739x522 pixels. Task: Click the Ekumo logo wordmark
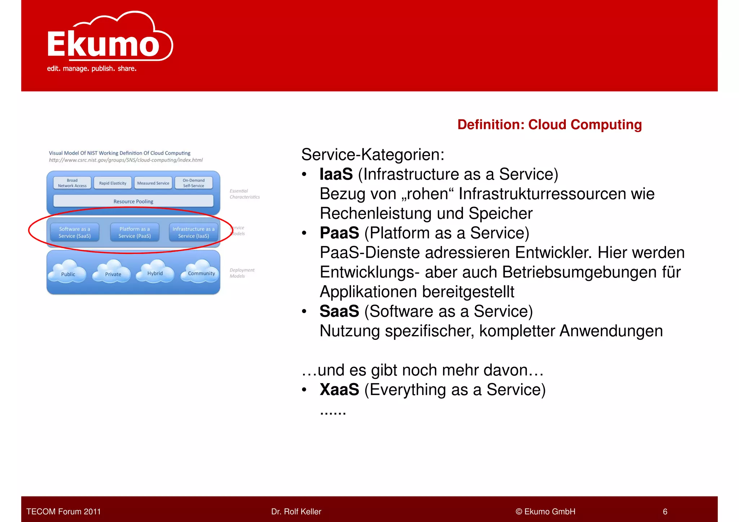click(104, 44)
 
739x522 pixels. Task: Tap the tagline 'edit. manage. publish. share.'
click(92, 69)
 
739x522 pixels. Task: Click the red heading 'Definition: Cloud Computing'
click(549, 124)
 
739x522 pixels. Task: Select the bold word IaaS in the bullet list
click(336, 174)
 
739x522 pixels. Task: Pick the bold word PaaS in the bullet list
click(339, 233)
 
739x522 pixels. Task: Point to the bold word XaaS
click(339, 390)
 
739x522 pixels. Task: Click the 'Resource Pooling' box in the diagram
click(133, 201)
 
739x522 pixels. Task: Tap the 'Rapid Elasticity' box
click(113, 183)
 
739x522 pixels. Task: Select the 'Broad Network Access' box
click(72, 183)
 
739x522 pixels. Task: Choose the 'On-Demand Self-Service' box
click(193, 183)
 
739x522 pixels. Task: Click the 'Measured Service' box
click(153, 183)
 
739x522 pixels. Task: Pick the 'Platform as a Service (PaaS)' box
click(135, 232)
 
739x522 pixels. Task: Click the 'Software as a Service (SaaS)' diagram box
click(75, 232)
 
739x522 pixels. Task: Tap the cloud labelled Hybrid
click(155, 272)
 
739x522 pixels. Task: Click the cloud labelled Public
click(68, 273)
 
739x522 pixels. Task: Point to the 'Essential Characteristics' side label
click(244, 194)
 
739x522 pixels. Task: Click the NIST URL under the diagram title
click(126, 160)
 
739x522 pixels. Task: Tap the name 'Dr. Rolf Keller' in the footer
click(296, 512)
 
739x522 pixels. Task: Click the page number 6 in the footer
click(665, 512)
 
